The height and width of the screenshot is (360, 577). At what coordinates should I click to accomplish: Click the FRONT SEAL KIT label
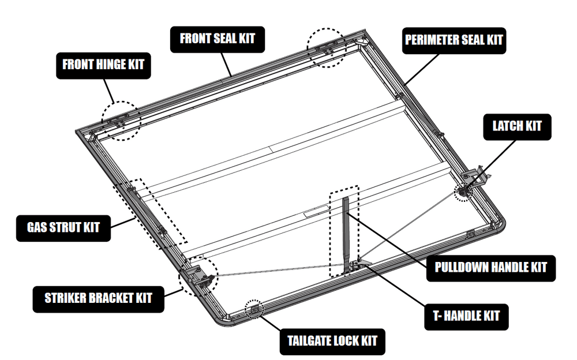click(x=216, y=39)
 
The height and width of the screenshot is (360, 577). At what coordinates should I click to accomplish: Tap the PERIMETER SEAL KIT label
click(x=453, y=40)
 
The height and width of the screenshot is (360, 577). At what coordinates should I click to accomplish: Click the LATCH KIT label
click(x=517, y=126)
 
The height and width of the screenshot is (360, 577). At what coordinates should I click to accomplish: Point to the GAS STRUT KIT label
click(x=63, y=227)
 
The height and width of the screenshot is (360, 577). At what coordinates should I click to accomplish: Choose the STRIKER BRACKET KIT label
click(x=98, y=298)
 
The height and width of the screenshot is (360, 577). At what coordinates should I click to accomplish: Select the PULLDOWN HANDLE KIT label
click(x=490, y=267)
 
